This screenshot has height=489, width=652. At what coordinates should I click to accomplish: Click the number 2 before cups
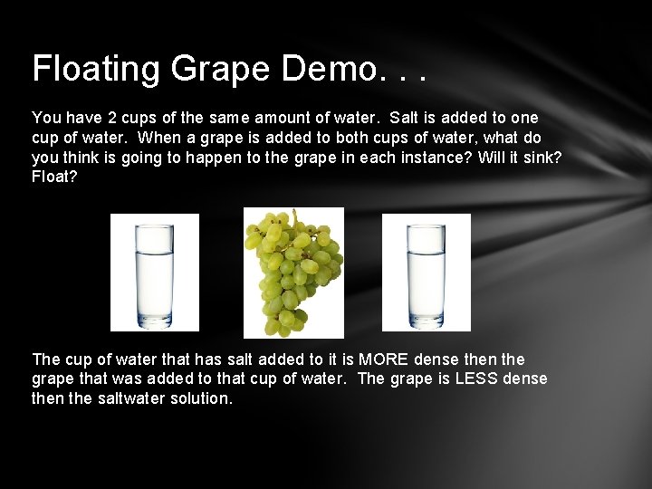110,118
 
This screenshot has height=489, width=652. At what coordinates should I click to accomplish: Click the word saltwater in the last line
125,398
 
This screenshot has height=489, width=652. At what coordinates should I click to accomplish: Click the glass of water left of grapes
154,272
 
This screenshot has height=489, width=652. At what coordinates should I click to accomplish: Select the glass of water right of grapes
426,272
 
